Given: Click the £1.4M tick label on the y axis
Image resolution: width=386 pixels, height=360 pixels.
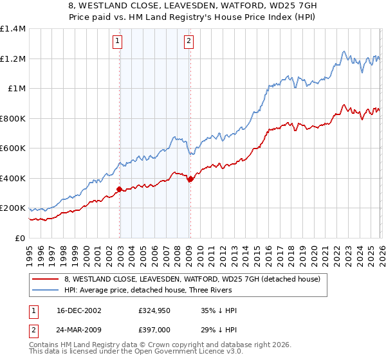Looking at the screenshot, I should click(x=13, y=29).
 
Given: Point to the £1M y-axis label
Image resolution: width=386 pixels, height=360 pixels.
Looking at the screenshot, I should click(x=17, y=89).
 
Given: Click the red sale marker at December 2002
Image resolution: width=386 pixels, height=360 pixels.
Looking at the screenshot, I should click(x=119, y=189).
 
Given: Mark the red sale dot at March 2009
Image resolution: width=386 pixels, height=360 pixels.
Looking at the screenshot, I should click(x=190, y=179).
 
